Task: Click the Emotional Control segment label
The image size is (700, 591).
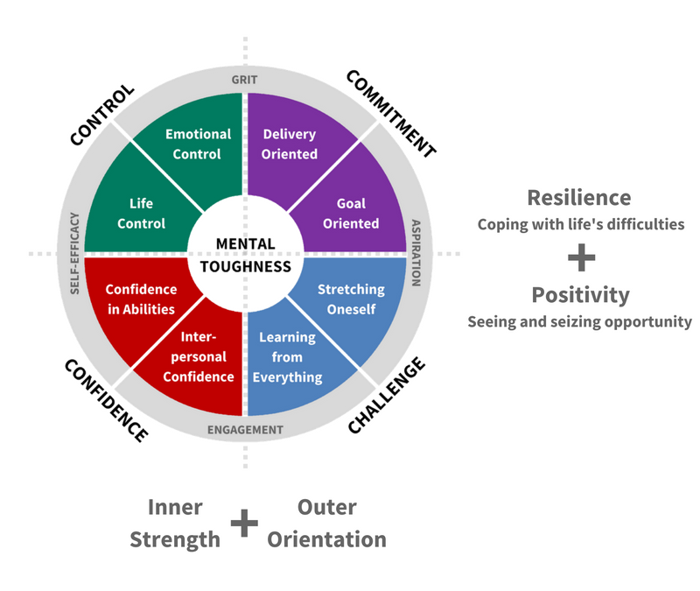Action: pyautogui.click(x=199, y=144)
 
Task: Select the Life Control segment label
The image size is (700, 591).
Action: pyautogui.click(x=141, y=214)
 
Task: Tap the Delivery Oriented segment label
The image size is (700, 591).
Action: pyautogui.click(x=290, y=144)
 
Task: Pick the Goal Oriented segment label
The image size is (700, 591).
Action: pyautogui.click(x=351, y=214)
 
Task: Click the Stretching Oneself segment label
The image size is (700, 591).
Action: pyautogui.click(x=351, y=299)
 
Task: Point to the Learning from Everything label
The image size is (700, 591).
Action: pyautogui.click(x=287, y=357)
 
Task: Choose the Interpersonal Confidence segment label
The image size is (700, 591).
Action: pyautogui.click(x=199, y=356)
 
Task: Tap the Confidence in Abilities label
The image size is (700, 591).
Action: pyautogui.click(x=141, y=299)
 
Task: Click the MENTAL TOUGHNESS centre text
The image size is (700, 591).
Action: pyautogui.click(x=246, y=255)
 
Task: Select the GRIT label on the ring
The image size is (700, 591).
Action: pyautogui.click(x=245, y=80)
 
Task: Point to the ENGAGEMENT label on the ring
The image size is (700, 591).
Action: pyautogui.click(x=245, y=430)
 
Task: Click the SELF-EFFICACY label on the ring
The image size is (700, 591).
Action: pyautogui.click(x=74, y=253)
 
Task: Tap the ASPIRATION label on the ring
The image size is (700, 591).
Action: pyautogui.click(x=416, y=253)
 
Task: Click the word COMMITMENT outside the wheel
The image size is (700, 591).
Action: pyautogui.click(x=391, y=114)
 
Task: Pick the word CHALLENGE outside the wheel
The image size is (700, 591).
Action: pyautogui.click(x=387, y=396)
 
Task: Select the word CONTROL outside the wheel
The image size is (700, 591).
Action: pyautogui.click(x=102, y=115)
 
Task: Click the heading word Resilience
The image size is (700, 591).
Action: pyautogui.click(x=579, y=198)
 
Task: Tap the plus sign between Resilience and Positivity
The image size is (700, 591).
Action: pyautogui.click(x=581, y=257)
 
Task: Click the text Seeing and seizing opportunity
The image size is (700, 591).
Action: pyautogui.click(x=579, y=321)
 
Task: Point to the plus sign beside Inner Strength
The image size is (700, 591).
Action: pyautogui.click(x=244, y=523)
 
